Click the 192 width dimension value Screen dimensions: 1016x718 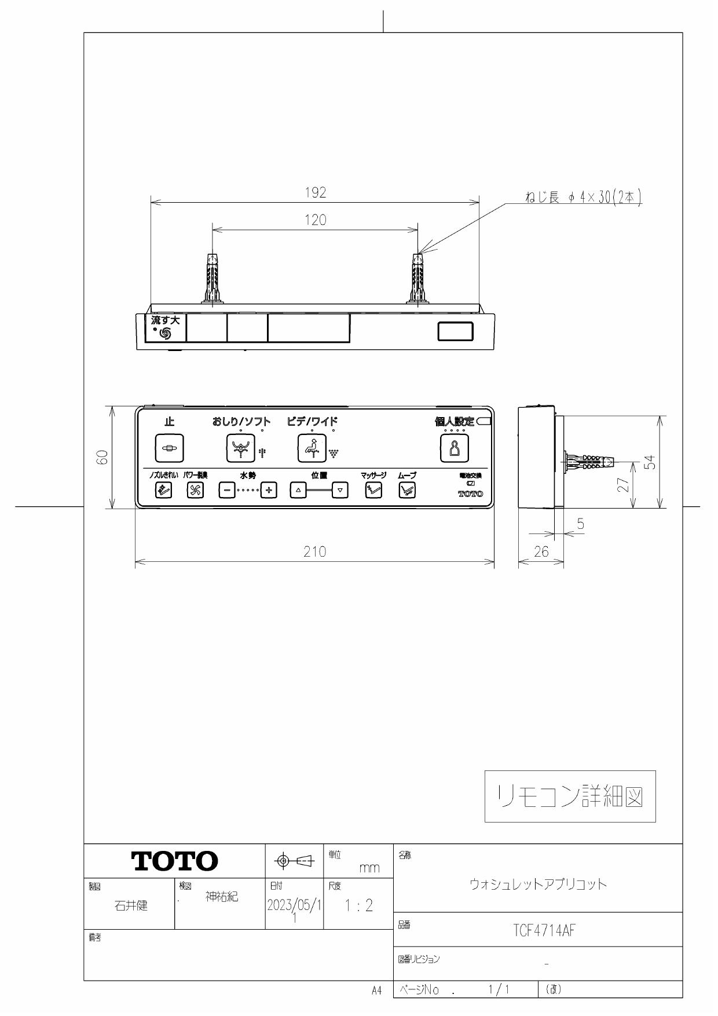(316, 193)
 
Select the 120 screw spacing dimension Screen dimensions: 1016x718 (316, 220)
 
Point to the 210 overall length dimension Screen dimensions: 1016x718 (315, 552)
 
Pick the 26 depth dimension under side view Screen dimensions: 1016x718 (541, 552)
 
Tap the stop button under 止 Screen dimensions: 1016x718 (169, 448)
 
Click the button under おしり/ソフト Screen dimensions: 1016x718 (240, 448)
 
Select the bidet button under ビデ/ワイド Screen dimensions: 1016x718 (312, 448)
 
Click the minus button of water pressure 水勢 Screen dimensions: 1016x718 (227, 490)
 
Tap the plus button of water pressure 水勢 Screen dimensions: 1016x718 (268, 490)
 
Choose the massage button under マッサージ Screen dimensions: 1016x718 (373, 490)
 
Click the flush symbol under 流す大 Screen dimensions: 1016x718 (165, 333)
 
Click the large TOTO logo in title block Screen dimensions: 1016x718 (175, 861)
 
